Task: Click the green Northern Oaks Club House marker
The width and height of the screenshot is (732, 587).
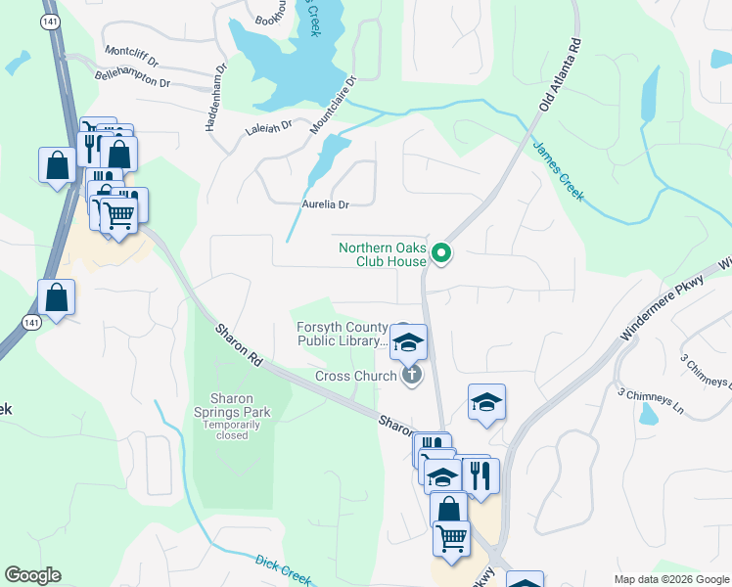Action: click(441, 254)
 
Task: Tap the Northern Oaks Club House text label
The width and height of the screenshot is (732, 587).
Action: click(383, 254)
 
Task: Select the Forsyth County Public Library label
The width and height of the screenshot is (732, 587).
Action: click(341, 335)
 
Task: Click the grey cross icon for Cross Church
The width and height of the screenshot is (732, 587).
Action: click(411, 374)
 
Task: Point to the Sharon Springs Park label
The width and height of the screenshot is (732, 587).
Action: click(233, 405)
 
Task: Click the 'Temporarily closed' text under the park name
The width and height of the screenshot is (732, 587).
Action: click(233, 429)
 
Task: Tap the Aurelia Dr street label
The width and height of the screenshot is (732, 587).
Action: click(325, 204)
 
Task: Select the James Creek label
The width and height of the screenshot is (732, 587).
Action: click(558, 171)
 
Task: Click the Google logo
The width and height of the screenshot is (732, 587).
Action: click(32, 575)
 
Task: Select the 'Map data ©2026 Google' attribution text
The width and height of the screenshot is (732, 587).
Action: click(670, 579)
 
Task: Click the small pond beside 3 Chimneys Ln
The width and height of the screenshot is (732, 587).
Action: click(648, 414)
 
